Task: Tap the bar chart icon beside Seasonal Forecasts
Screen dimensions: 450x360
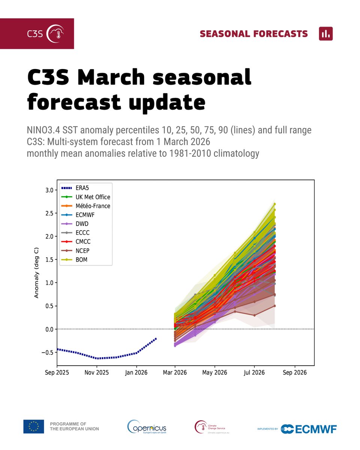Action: coord(325,34)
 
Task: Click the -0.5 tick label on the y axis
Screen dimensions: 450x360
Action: coord(48,352)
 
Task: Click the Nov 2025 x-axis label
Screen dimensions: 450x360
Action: coord(97,372)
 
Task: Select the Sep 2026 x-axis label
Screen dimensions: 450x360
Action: coord(294,372)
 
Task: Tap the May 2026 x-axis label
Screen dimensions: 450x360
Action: coord(215,372)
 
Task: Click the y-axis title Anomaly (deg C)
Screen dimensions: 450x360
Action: coord(37,273)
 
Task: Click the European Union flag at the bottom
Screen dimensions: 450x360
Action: coord(34,427)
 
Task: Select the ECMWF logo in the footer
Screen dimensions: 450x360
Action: coord(308,429)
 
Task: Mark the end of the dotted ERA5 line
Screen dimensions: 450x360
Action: coord(156,338)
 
